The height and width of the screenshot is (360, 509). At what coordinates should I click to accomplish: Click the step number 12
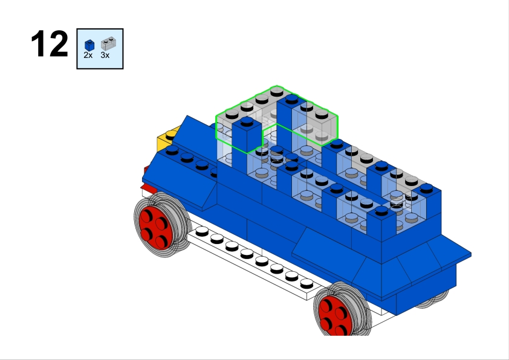click(x=50, y=43)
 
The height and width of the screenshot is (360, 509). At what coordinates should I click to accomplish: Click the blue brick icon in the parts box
click(x=89, y=45)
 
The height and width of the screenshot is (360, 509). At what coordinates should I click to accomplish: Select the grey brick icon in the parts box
click(x=108, y=43)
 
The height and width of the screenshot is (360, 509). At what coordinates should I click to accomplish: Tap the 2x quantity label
click(x=88, y=56)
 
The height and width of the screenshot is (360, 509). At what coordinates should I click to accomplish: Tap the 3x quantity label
click(x=105, y=56)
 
